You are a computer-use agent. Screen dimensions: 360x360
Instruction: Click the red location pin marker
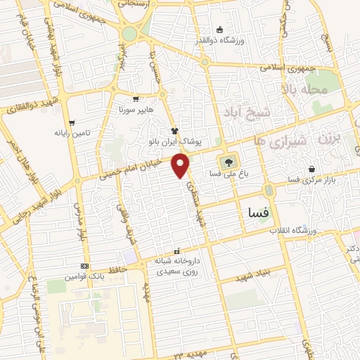point(182,167)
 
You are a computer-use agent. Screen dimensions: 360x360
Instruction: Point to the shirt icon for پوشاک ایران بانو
point(175,131)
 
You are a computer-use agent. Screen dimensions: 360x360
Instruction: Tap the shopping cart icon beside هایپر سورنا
point(136,98)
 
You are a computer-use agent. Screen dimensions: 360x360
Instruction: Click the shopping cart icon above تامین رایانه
point(72,122)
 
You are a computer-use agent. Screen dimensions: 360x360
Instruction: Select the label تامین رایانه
point(71,132)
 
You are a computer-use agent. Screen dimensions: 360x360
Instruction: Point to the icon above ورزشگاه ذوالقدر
point(220,30)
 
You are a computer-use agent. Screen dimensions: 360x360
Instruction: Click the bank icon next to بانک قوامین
point(84,266)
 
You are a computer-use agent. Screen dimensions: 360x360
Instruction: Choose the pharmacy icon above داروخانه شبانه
point(176,250)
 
